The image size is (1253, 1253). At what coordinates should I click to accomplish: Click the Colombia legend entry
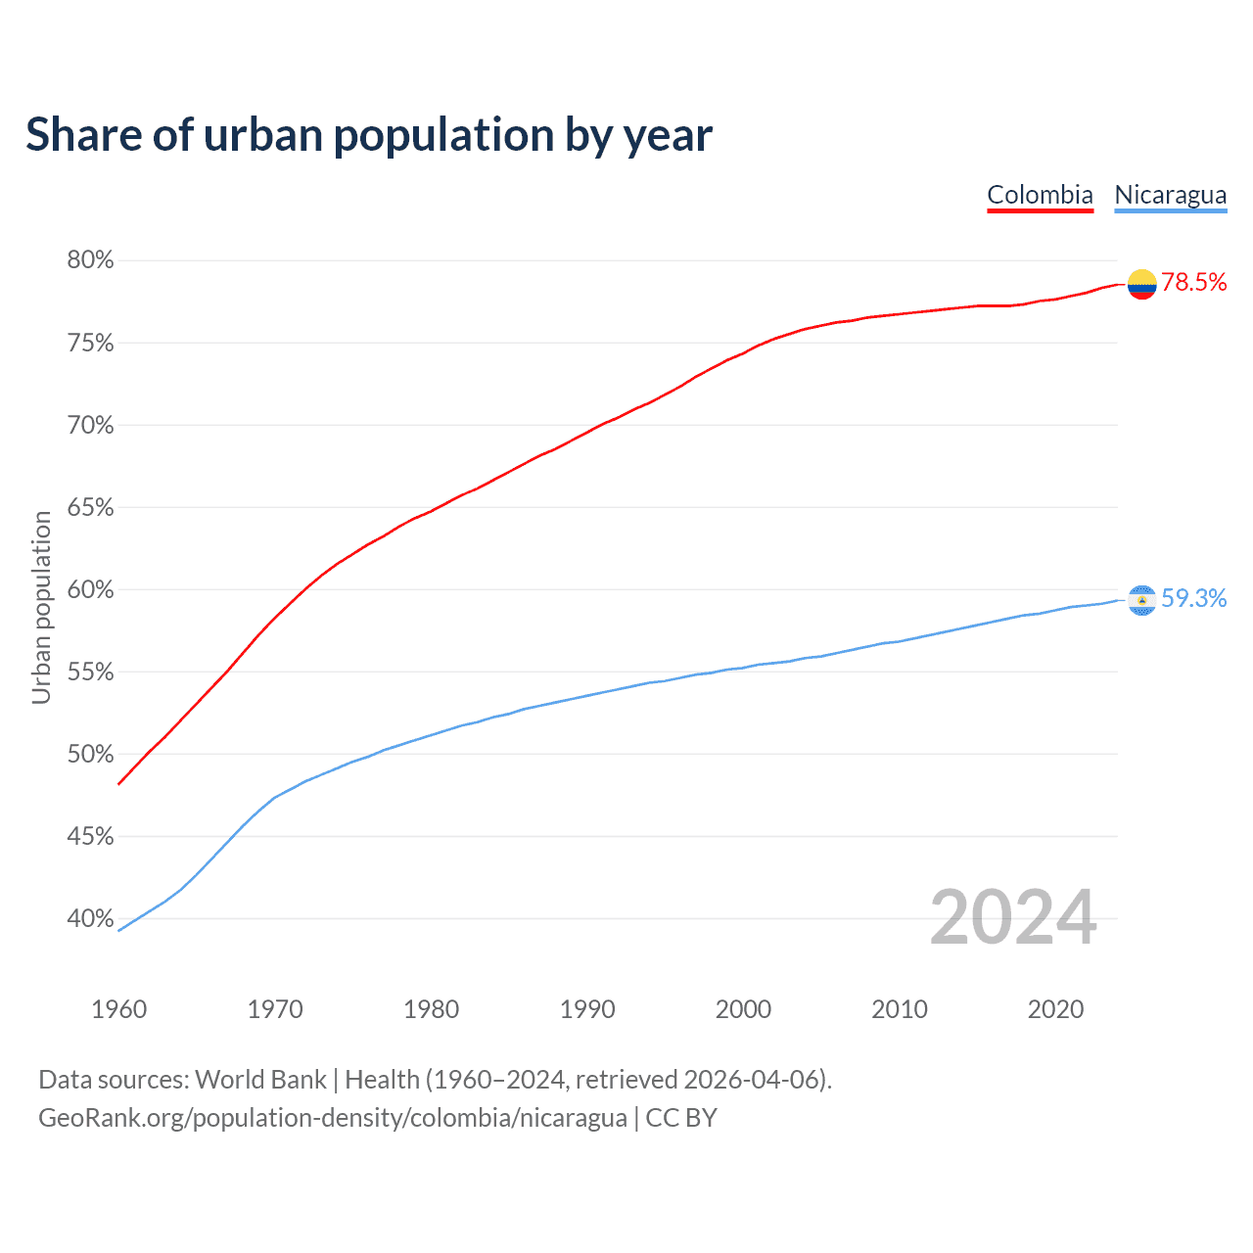(x=1040, y=195)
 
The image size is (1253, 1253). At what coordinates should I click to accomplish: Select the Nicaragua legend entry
(x=1170, y=195)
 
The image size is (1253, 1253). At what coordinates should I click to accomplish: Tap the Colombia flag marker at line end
(x=1141, y=284)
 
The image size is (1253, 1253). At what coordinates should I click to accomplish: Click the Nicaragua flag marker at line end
(x=1141, y=599)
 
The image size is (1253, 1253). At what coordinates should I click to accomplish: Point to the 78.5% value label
(x=1193, y=283)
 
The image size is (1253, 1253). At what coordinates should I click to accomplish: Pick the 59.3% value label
(x=1193, y=598)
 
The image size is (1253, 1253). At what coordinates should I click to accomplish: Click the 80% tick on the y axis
(x=90, y=260)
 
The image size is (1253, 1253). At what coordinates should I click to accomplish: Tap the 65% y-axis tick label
(x=90, y=507)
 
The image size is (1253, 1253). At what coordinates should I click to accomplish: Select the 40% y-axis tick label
(x=90, y=918)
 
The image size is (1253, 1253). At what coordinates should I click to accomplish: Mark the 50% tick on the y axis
(x=90, y=754)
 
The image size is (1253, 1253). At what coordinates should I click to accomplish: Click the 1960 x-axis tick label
(x=118, y=1009)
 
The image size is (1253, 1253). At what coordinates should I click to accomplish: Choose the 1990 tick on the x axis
(x=587, y=1009)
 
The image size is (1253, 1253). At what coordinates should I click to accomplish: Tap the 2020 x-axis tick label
(x=1055, y=1009)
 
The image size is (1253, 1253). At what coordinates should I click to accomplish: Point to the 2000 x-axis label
(x=743, y=1009)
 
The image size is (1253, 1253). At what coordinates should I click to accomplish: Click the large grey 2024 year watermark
(x=1012, y=917)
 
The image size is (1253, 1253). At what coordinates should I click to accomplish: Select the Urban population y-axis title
(x=41, y=607)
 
